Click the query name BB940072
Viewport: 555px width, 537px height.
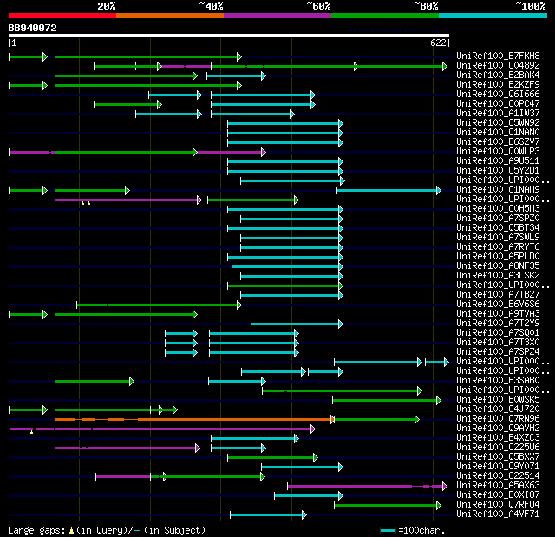point(33,28)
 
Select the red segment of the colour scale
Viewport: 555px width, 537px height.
point(62,15)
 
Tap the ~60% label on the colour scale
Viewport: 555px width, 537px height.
point(318,6)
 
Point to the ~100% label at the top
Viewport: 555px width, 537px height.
point(529,6)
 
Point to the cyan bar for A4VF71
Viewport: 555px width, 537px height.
point(267,514)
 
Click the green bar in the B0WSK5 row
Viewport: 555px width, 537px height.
point(386,400)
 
